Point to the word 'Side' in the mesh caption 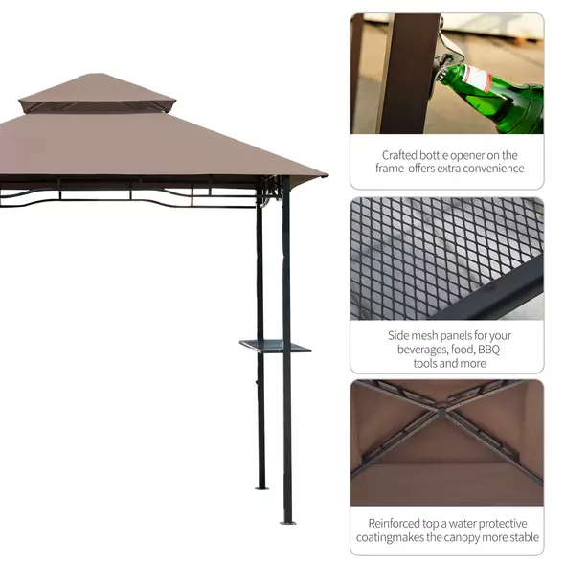point(400,335)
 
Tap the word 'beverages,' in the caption point(415,350)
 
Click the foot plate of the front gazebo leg point(287,522)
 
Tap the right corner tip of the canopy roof point(325,176)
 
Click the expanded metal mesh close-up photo point(446,258)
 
